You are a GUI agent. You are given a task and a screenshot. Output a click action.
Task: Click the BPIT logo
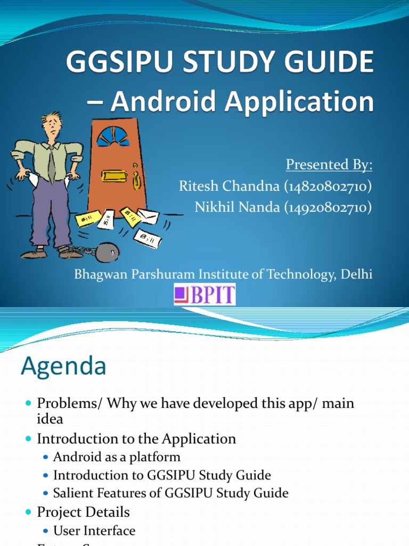pos(205,294)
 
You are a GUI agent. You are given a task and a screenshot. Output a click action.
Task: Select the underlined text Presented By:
pos(329,165)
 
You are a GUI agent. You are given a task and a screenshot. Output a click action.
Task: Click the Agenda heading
pos(63,366)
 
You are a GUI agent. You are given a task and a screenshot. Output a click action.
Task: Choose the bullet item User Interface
pos(94,531)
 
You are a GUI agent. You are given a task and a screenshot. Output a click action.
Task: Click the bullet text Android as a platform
pos(117,457)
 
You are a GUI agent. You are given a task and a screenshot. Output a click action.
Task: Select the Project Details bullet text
pos(83,512)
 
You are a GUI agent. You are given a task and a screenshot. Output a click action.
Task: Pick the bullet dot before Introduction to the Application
pos(29,439)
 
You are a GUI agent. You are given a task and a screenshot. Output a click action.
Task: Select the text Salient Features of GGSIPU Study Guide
pos(170,493)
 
